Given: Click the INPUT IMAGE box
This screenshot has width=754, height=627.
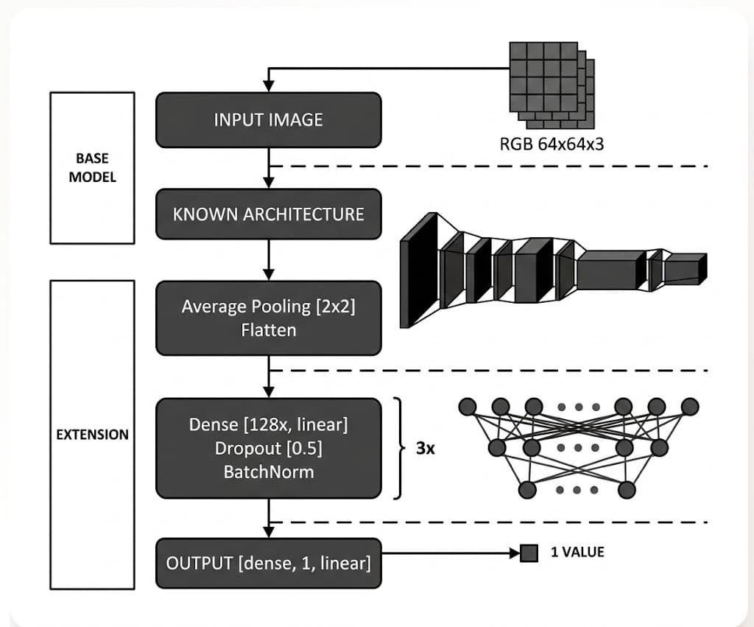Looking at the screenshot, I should click(268, 119).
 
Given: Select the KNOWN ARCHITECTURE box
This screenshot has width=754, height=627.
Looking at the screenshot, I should click(268, 214).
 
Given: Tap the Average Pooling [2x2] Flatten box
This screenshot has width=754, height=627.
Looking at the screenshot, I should click(268, 318).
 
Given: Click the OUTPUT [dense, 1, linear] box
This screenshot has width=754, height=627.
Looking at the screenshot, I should click(268, 564).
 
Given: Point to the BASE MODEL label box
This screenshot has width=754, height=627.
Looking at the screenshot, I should click(92, 168).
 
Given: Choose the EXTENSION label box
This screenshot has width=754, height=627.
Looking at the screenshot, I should click(92, 434).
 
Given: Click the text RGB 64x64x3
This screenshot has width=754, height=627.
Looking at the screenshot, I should click(552, 144).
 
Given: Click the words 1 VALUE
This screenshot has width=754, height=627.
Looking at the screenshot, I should click(577, 552).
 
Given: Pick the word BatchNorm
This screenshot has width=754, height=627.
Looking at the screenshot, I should click(268, 472).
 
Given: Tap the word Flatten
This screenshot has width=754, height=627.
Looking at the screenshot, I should click(268, 330).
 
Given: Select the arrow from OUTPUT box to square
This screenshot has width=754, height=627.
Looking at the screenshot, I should click(449, 553).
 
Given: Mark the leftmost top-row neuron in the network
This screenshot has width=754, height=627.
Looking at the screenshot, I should click(468, 407).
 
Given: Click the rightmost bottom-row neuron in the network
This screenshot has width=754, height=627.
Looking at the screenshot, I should click(626, 489).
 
